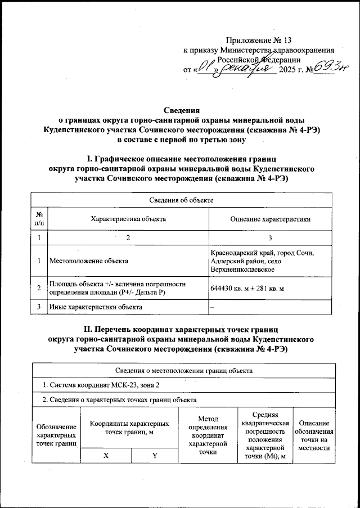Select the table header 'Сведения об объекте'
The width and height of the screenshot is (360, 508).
click(x=181, y=199)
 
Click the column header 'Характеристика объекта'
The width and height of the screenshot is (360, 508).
click(x=128, y=218)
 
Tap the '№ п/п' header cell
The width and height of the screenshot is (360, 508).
click(x=39, y=218)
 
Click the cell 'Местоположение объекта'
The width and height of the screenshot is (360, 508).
click(x=89, y=261)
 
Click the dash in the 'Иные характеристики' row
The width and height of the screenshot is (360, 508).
click(x=212, y=307)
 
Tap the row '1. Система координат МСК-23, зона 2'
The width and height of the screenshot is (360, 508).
click(x=105, y=385)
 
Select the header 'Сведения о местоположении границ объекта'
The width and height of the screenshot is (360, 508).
click(x=183, y=371)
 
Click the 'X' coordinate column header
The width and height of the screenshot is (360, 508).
click(x=106, y=456)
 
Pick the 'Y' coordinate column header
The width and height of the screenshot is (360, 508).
click(x=155, y=456)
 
